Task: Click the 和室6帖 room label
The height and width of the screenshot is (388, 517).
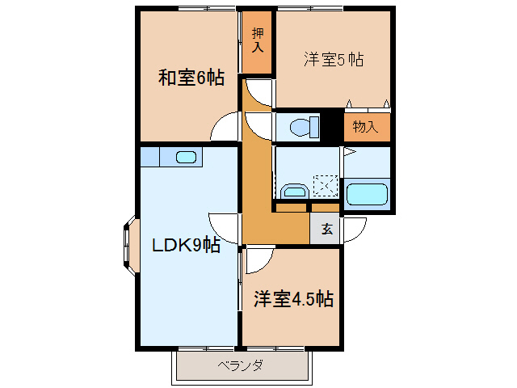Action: [191, 78]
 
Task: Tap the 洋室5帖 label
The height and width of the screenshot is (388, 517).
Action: [333, 59]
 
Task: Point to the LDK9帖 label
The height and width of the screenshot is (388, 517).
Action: [186, 244]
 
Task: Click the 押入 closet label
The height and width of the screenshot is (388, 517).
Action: [258, 40]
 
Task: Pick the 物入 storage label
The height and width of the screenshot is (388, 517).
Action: [366, 127]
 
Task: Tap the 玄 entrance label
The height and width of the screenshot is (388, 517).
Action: [327, 229]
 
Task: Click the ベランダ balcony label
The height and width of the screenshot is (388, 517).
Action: [240, 365]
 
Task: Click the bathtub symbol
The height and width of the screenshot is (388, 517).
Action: [367, 195]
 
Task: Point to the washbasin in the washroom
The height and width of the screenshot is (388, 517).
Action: [292, 192]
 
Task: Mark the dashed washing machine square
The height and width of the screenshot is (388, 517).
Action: [327, 187]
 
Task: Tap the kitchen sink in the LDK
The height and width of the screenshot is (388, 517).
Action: [186, 157]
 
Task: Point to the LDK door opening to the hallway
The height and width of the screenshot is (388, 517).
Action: [223, 228]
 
